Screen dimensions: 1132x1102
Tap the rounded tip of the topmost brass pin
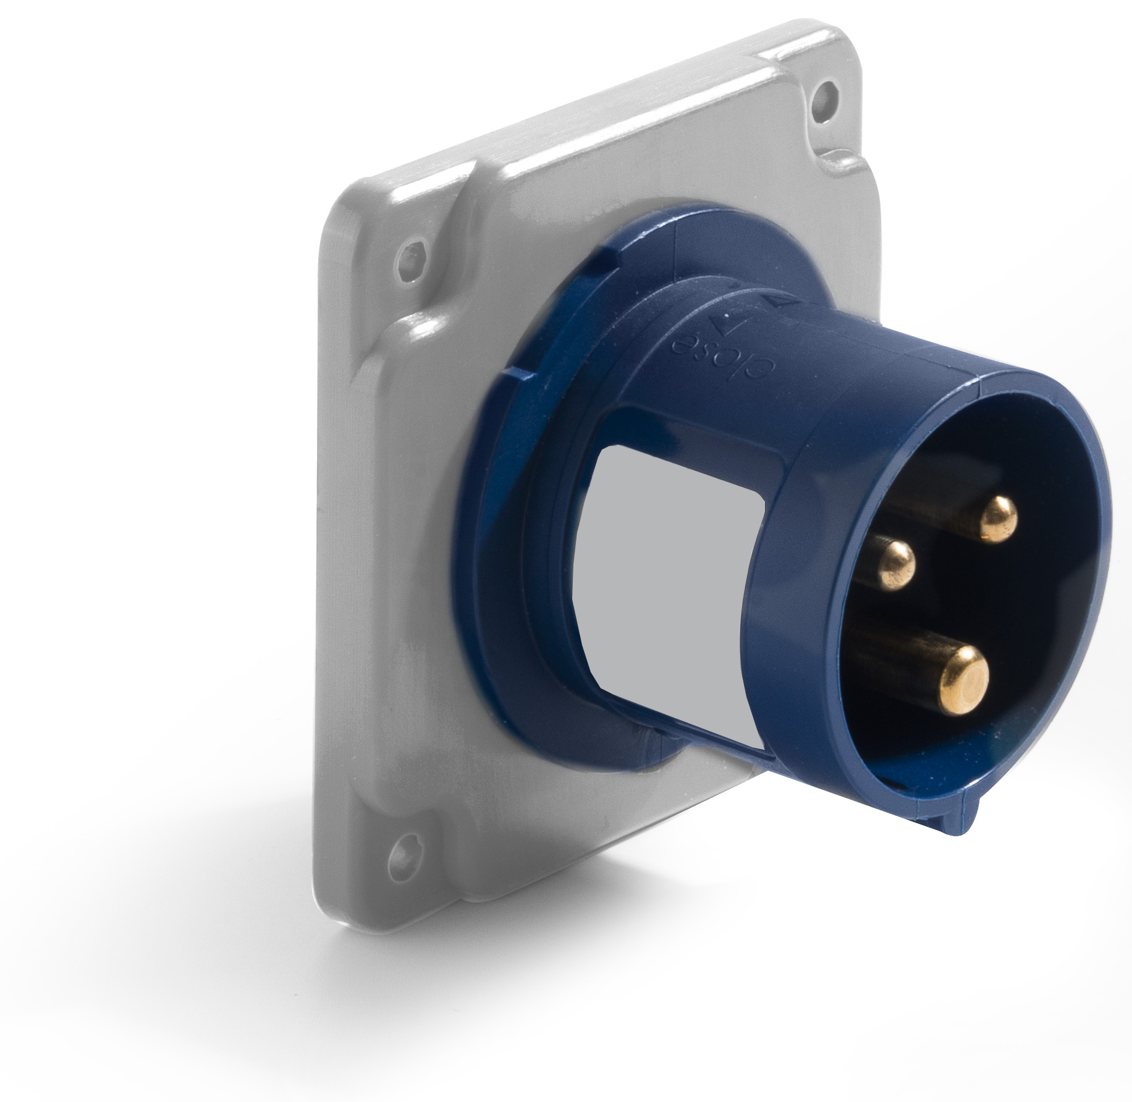click(998, 520)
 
